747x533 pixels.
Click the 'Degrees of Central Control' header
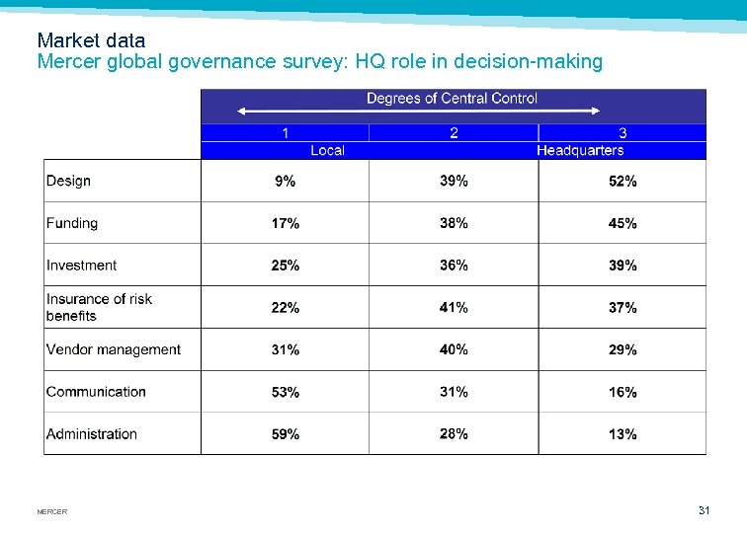[452, 99]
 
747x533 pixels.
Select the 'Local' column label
[327, 150]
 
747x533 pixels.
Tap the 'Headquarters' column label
[580, 150]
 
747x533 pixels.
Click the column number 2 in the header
[454, 133]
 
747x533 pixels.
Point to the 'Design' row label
[68, 181]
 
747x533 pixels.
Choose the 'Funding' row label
[72, 223]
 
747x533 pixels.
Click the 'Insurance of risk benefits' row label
[99, 307]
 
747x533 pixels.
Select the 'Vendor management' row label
[114, 349]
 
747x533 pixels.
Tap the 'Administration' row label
[92, 433]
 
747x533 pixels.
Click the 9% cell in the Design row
[285, 182]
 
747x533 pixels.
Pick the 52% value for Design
[622, 182]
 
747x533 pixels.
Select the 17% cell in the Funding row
[286, 224]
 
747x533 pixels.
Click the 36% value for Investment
[454, 266]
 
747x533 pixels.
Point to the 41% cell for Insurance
[454, 308]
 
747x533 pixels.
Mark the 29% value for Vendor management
[622, 350]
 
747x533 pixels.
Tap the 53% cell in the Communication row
[286, 392]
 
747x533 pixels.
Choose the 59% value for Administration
[286, 434]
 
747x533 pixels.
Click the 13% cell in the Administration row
[622, 434]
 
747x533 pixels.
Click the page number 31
[704, 510]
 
